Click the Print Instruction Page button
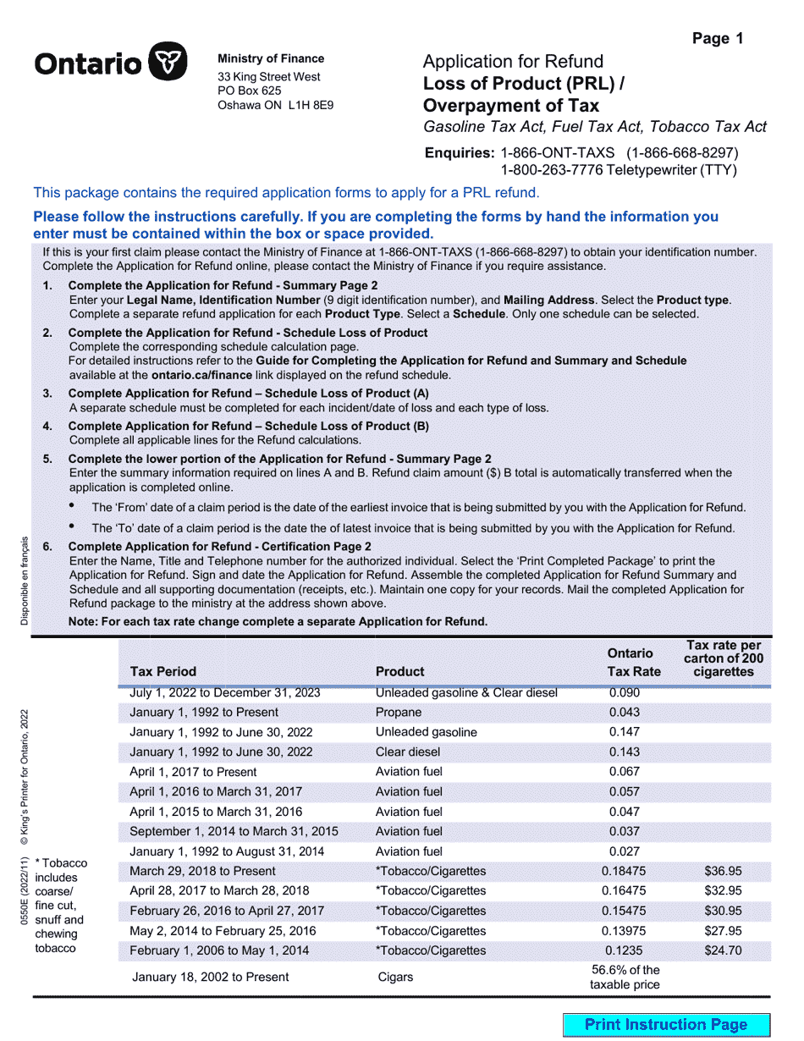click(666, 1025)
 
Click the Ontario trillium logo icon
click(168, 63)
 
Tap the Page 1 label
click(718, 38)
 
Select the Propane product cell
click(399, 712)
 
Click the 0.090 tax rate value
click(625, 692)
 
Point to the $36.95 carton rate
click(723, 871)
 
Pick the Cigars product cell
click(395, 977)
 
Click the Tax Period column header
click(163, 671)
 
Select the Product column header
click(399, 671)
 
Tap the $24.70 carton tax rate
click(723, 950)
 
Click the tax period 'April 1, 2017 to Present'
click(193, 772)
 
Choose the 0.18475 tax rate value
click(625, 871)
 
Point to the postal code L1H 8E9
click(311, 106)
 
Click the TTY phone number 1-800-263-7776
click(552, 170)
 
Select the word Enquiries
click(459, 153)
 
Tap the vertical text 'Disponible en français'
click(25, 581)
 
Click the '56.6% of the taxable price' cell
click(625, 977)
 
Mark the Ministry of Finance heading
click(271, 58)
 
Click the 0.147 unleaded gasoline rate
click(625, 732)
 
